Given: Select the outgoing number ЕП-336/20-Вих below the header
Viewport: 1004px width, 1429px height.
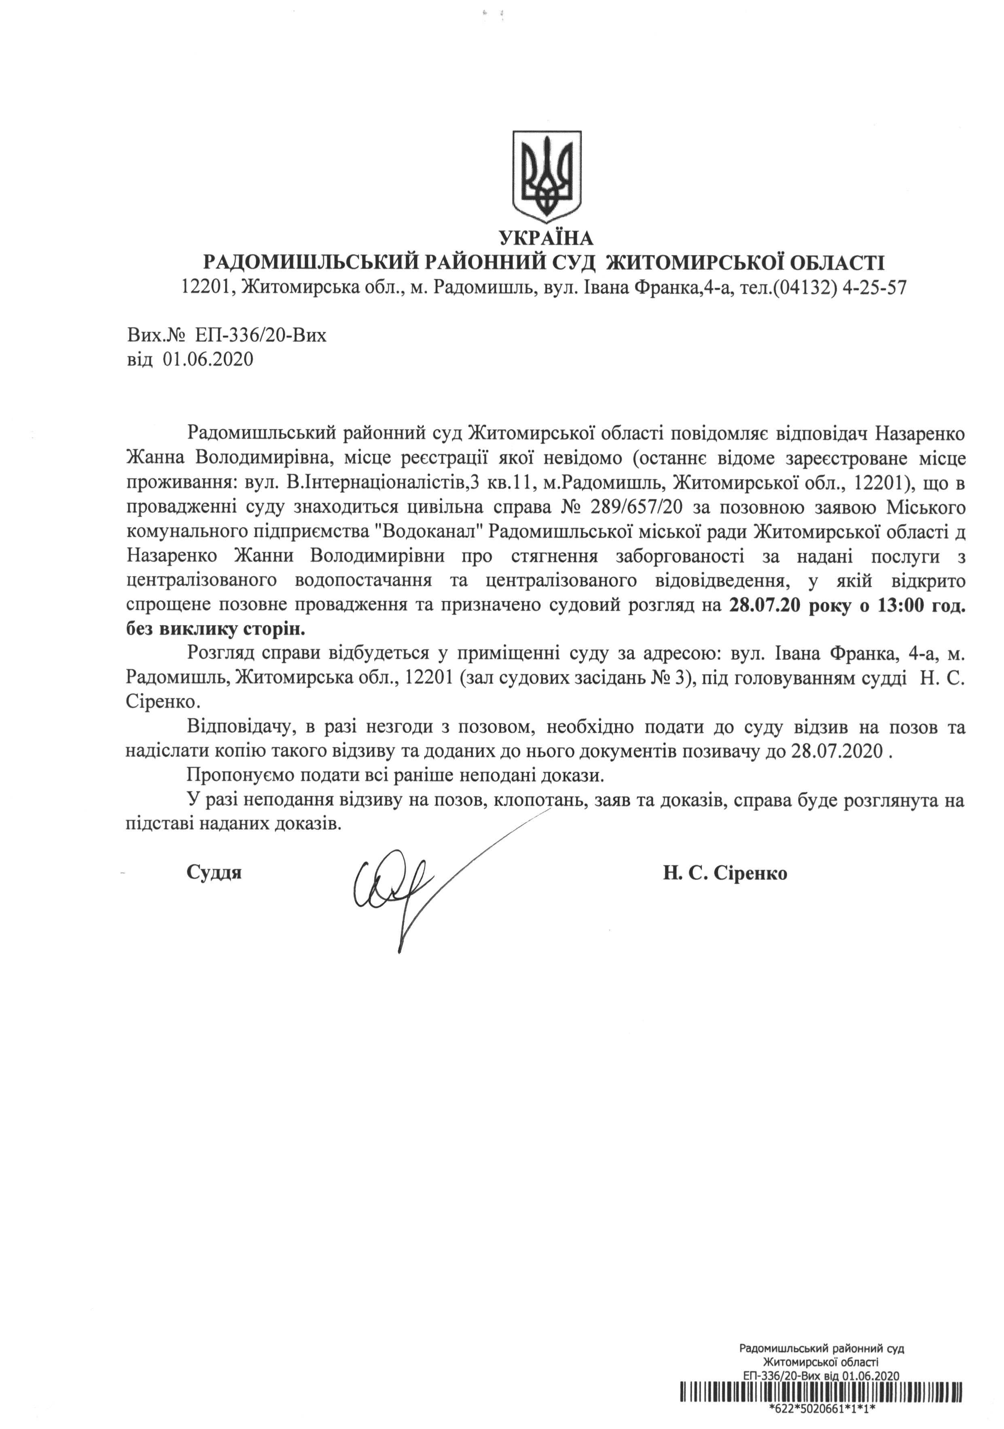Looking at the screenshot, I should click(260, 337).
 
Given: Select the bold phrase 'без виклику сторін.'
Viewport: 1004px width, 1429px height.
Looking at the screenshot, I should click(216, 629).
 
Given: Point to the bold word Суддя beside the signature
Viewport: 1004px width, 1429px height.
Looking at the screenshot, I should click(214, 873).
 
